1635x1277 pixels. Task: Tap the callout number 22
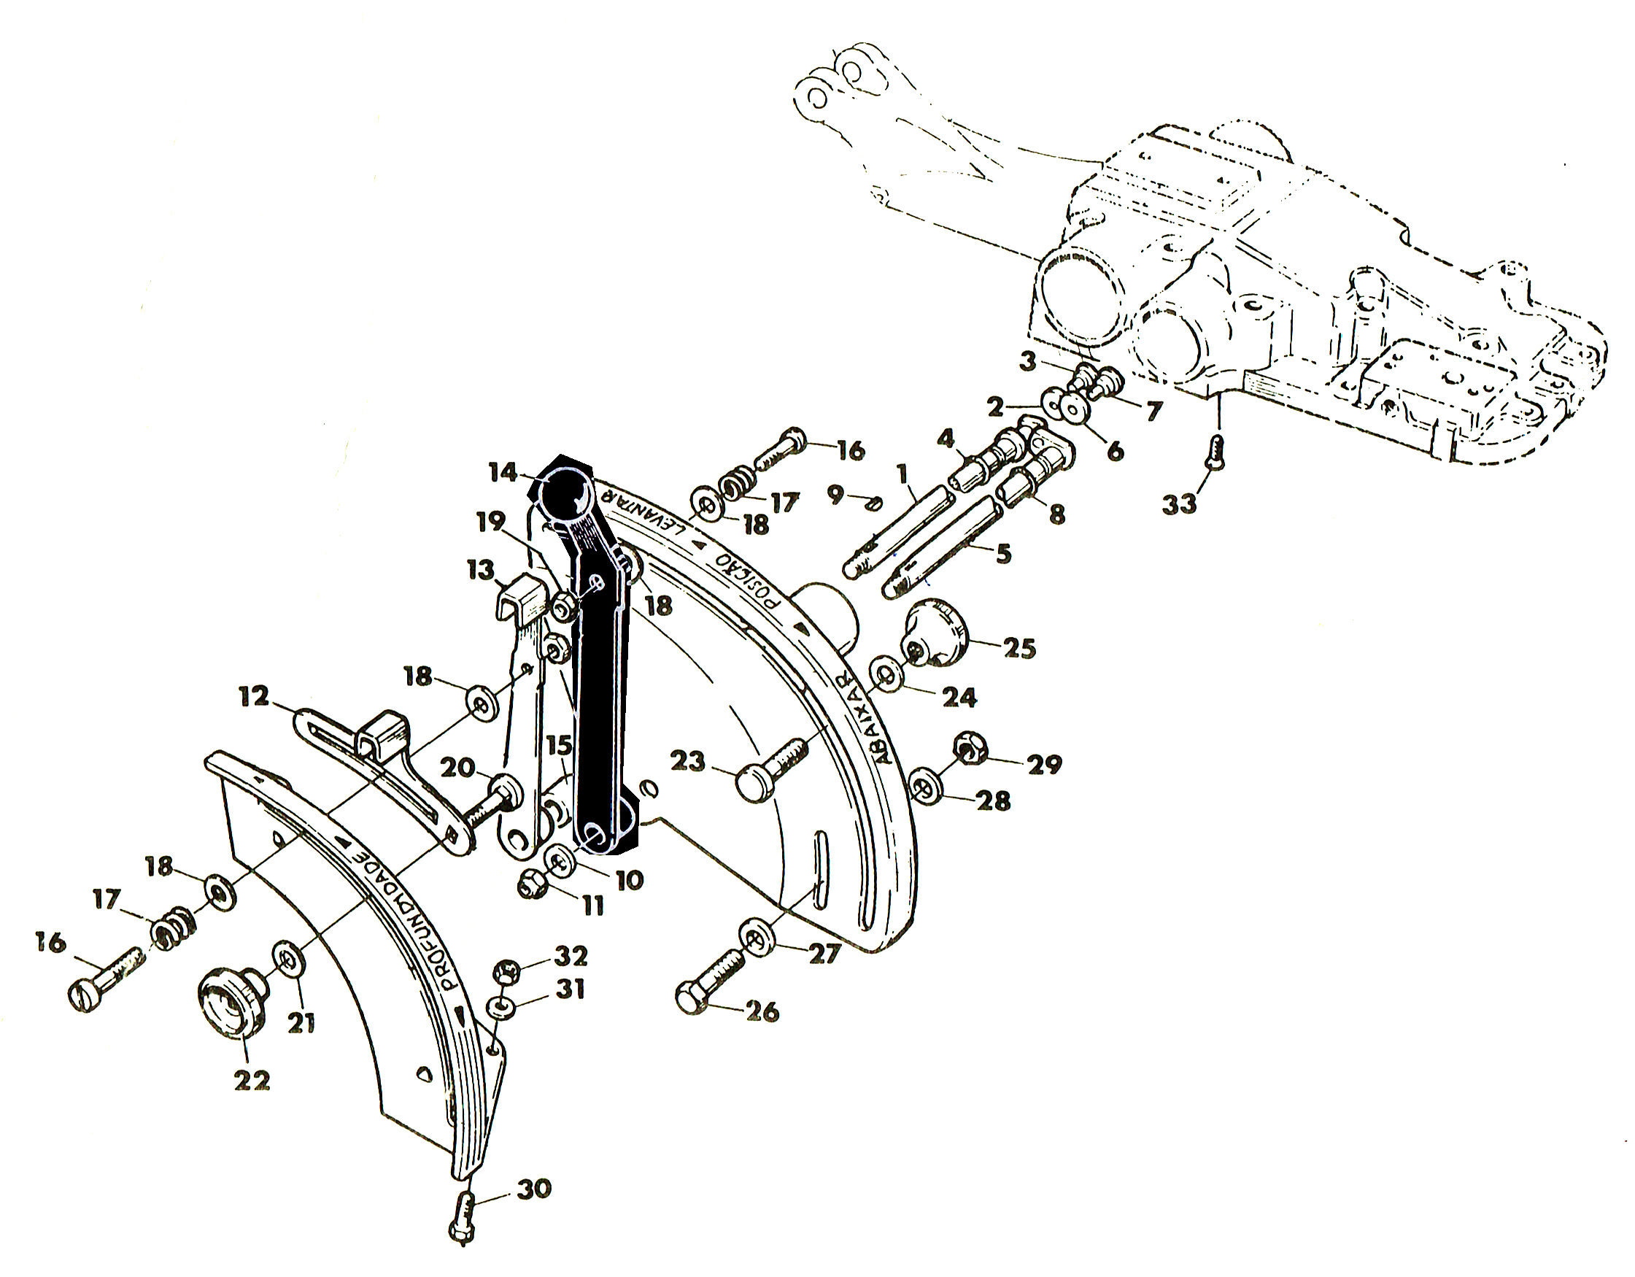coord(252,1081)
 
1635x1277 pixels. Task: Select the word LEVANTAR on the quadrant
coord(643,515)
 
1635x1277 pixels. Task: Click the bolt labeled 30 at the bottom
coord(465,1219)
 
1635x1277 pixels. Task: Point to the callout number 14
coord(503,473)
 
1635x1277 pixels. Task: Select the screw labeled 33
coord(1215,455)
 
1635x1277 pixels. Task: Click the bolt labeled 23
coord(771,770)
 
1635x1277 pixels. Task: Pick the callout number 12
coord(254,698)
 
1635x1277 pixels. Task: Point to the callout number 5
coord(1004,554)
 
